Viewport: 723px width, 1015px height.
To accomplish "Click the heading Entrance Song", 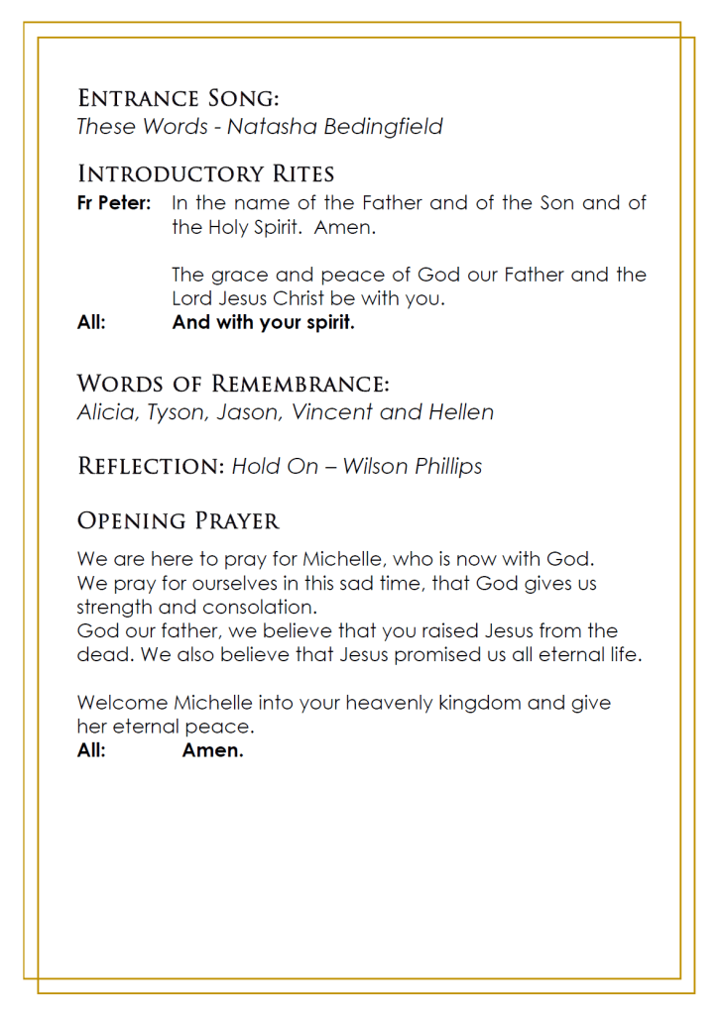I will tap(178, 98).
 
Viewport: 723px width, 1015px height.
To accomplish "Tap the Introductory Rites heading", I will tap(205, 174).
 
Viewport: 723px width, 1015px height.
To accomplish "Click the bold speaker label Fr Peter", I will tap(113, 203).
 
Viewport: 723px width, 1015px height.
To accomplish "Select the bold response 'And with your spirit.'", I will tap(263, 322).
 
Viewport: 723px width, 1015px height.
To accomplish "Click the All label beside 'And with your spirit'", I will tap(91, 322).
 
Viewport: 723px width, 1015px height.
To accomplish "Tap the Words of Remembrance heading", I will tap(233, 384).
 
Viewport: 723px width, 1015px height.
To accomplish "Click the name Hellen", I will tap(460, 412).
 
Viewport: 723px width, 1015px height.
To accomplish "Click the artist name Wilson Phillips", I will tap(413, 466).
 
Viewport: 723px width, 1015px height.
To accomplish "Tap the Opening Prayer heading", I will tap(179, 520).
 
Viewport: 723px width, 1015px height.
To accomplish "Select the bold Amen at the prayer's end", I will tap(213, 750).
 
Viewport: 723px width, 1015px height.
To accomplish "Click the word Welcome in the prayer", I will tap(122, 703).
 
